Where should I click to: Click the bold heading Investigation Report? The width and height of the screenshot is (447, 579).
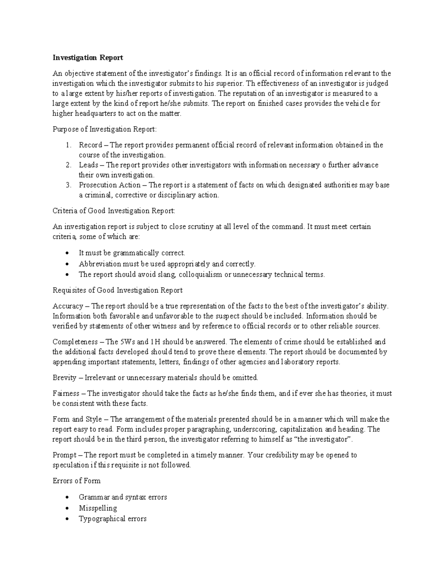pyautogui.click(x=88, y=58)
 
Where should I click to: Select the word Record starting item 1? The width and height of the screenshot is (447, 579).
pyautogui.click(x=90, y=145)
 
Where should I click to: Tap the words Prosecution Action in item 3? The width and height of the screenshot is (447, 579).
pyautogui.click(x=110, y=185)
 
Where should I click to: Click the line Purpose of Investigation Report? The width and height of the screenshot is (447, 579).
pyautogui.click(x=105, y=129)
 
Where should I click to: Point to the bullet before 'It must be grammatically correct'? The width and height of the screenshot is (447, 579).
pyautogui.click(x=67, y=253)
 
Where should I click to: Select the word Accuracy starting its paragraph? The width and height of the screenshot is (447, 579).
pyautogui.click(x=68, y=306)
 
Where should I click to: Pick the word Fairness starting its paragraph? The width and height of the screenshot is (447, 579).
pyautogui.click(x=66, y=393)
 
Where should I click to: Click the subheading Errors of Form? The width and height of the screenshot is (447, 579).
pyautogui.click(x=76, y=481)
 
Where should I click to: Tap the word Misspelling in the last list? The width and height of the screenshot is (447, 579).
pyautogui.click(x=98, y=508)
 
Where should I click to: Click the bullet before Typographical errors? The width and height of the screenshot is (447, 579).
pyautogui.click(x=67, y=519)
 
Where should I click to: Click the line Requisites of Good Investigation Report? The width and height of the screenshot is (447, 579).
pyautogui.click(x=117, y=290)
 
